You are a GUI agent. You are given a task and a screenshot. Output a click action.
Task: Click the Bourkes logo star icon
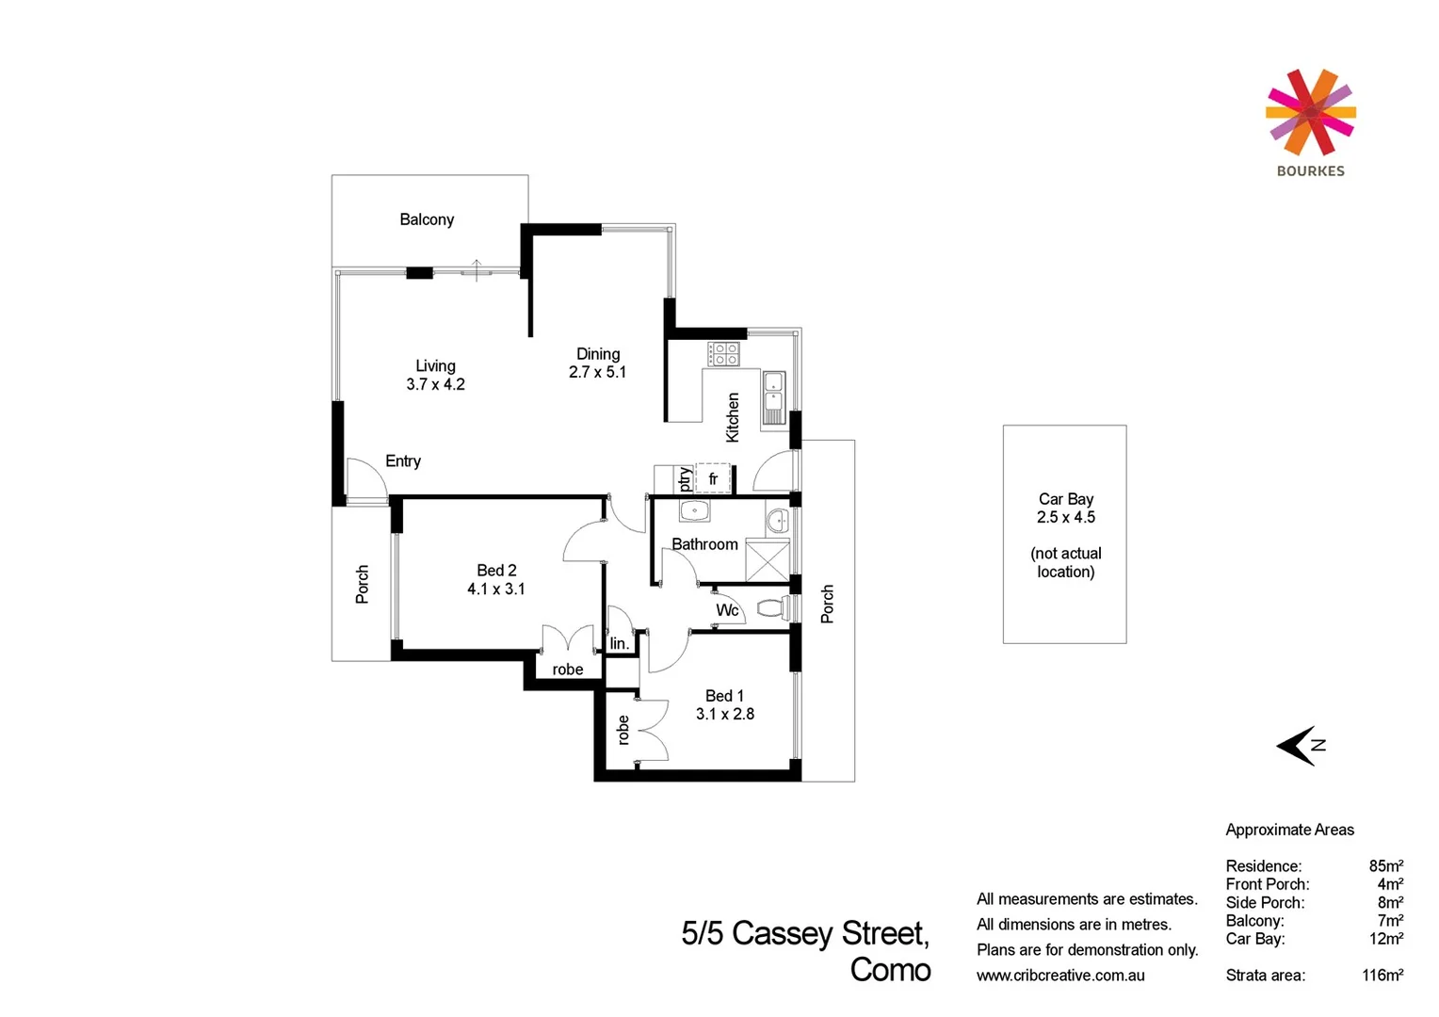pos(1310,113)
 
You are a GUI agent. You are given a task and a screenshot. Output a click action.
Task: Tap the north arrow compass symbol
pos(1300,745)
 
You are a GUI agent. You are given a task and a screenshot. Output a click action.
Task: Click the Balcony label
pos(427,219)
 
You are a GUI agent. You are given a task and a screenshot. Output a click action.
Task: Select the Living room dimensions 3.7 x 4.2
pos(435,384)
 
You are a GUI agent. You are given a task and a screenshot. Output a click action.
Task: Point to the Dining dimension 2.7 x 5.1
pos(597,372)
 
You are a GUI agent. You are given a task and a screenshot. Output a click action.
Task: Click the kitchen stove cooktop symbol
pos(723,354)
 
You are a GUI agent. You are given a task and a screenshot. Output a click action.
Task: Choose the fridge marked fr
pos(713,478)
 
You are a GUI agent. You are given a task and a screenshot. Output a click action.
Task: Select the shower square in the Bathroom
pos(767,560)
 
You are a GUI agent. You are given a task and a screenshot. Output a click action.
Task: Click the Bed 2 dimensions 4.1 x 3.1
pos(495,589)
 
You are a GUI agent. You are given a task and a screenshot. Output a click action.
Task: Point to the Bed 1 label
pos(724,696)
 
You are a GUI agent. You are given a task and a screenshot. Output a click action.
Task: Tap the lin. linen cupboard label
pos(619,644)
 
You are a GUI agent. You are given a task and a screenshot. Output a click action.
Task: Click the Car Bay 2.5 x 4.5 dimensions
pos(1066,517)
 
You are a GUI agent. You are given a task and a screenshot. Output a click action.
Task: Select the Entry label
pos(403,461)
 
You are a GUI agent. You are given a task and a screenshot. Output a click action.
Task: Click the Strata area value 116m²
pos(1382,976)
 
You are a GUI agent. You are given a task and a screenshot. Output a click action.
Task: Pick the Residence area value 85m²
pos(1385,866)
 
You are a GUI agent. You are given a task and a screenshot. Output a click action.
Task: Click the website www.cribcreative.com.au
pos(1060,976)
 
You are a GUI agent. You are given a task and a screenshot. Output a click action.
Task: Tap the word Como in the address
pos(890,970)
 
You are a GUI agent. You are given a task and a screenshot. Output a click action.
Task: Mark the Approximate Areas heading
pos(1289,830)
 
